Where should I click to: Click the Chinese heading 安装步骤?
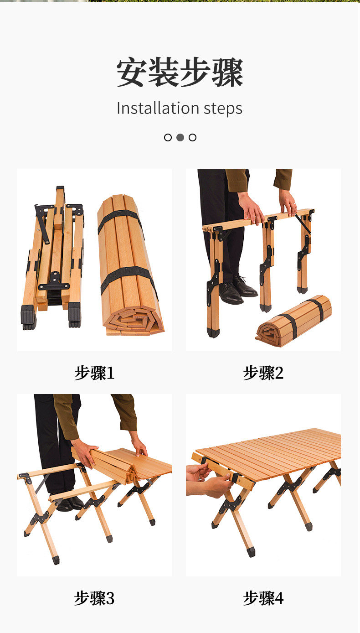coord(180,73)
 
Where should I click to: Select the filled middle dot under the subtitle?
coord(180,137)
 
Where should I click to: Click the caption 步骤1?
coord(94,373)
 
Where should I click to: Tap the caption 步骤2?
coord(263,373)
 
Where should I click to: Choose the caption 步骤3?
coord(94,598)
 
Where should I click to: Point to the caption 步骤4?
coord(263,598)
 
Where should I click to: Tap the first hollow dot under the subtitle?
coord(168,137)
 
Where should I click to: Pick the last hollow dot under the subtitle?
coord(192,137)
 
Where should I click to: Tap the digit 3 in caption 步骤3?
coord(110,598)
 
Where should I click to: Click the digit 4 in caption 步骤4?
coord(279,598)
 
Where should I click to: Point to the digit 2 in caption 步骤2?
coord(279,373)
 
